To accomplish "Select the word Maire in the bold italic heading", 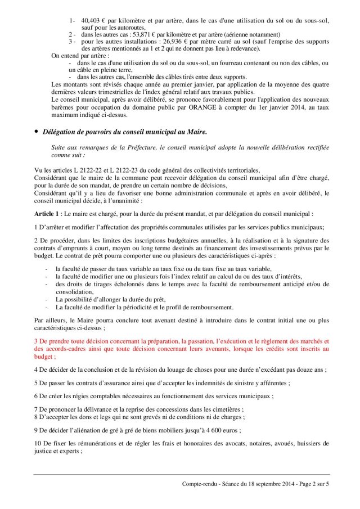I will [x=193, y=132].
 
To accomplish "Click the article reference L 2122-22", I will [x=88, y=169].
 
